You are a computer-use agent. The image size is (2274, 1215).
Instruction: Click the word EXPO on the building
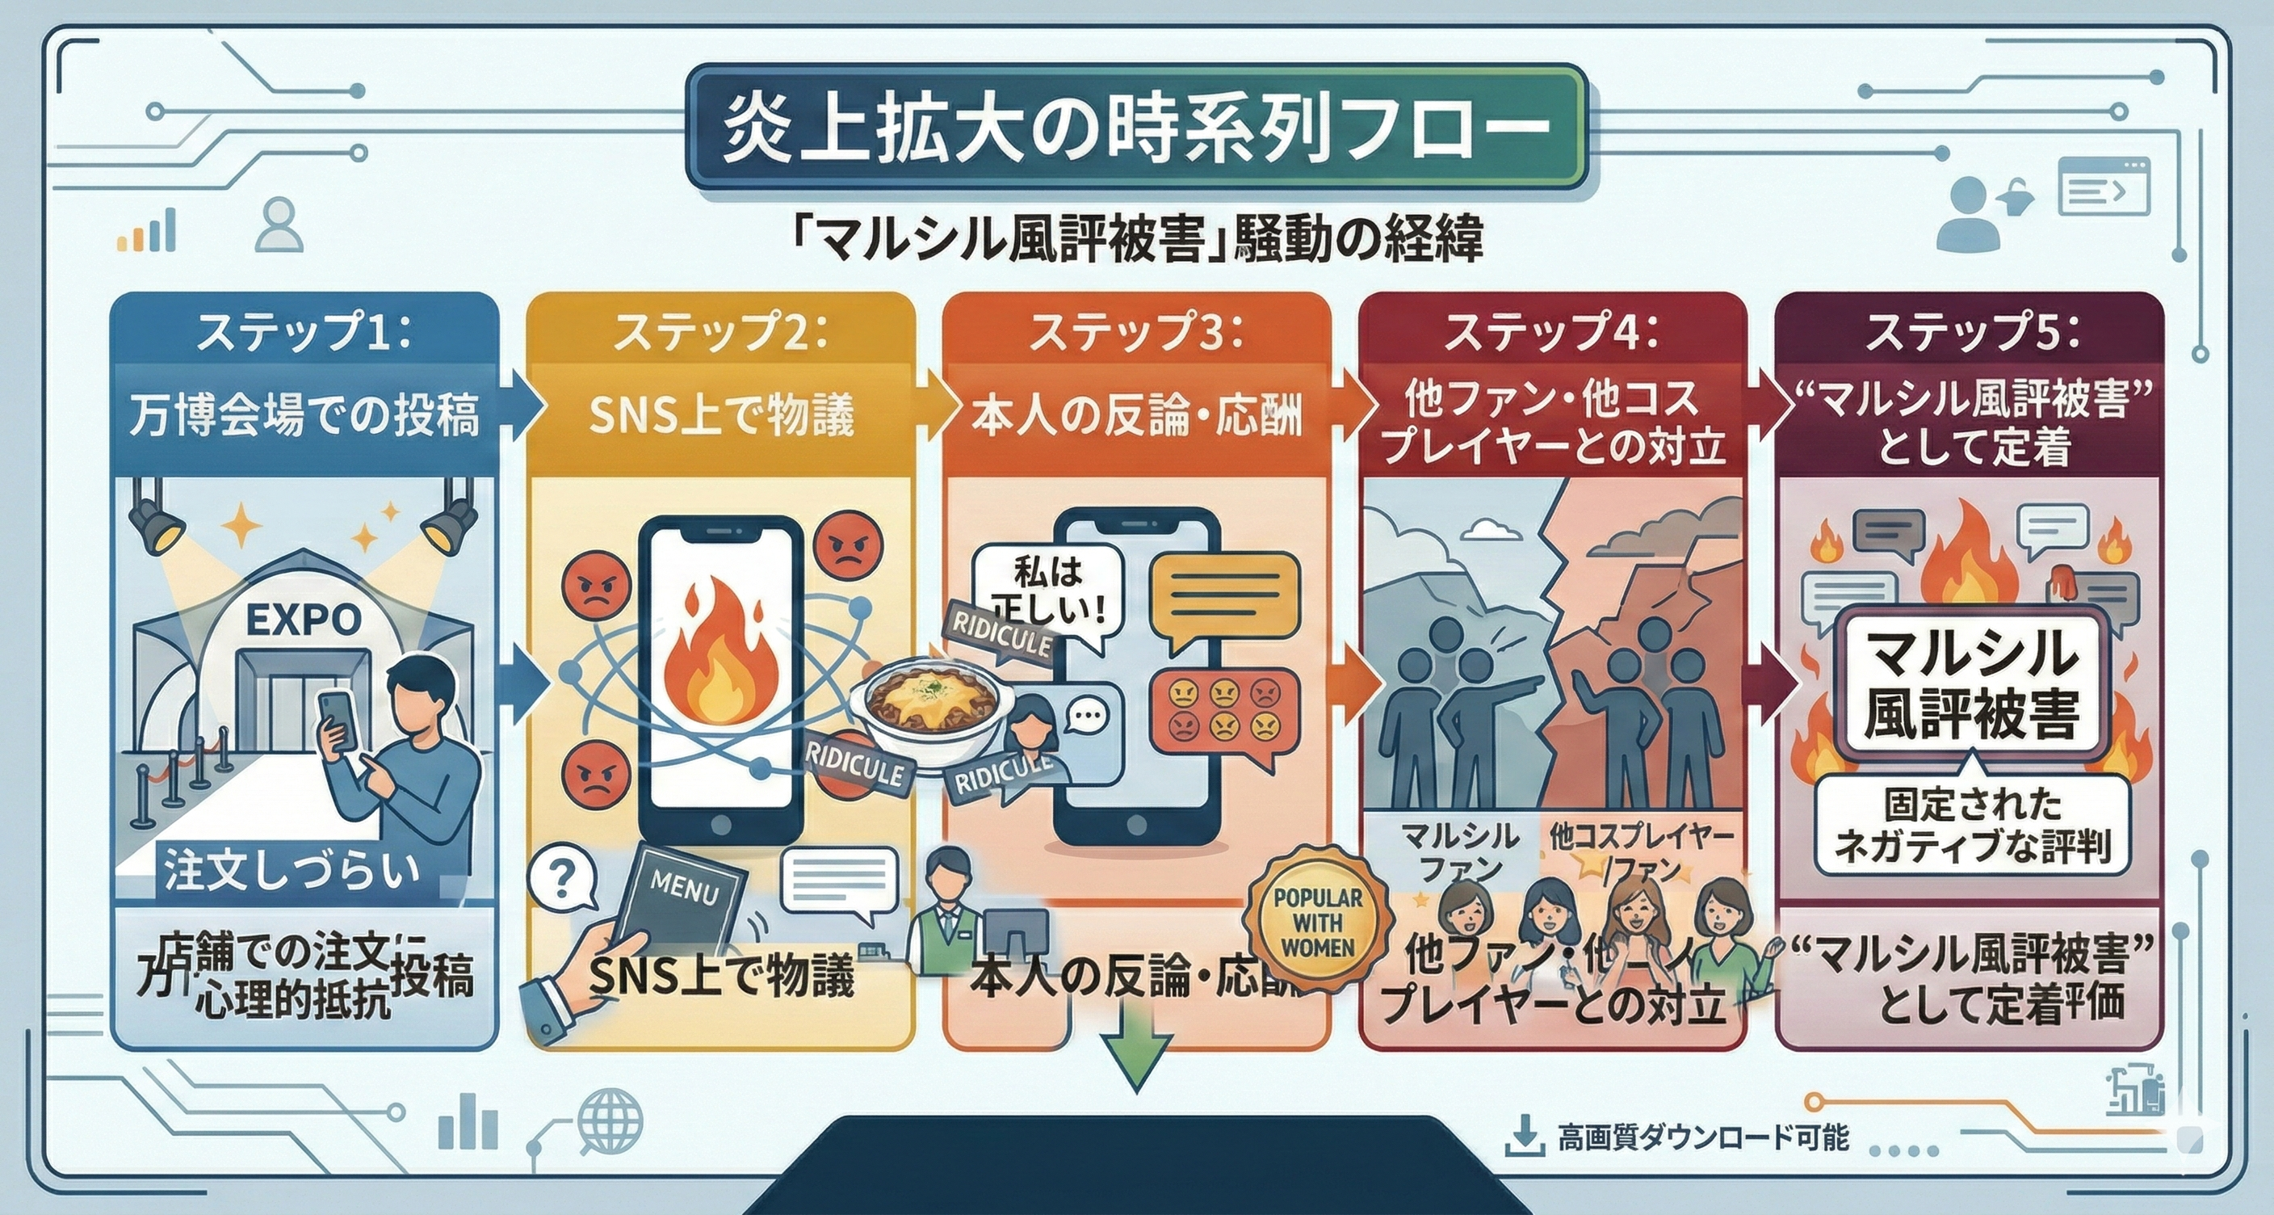coord(303,620)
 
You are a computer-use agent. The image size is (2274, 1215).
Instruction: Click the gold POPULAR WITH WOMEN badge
coord(1317,922)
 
